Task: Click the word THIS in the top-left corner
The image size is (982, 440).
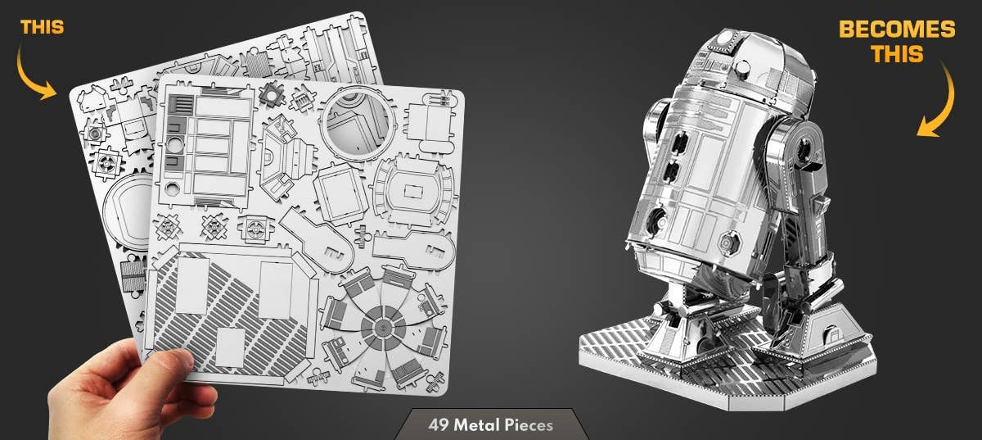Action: (x=42, y=27)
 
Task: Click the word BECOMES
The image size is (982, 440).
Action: (x=897, y=30)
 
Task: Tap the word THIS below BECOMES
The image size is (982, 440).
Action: (x=897, y=55)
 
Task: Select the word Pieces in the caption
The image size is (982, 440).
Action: (x=528, y=425)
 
